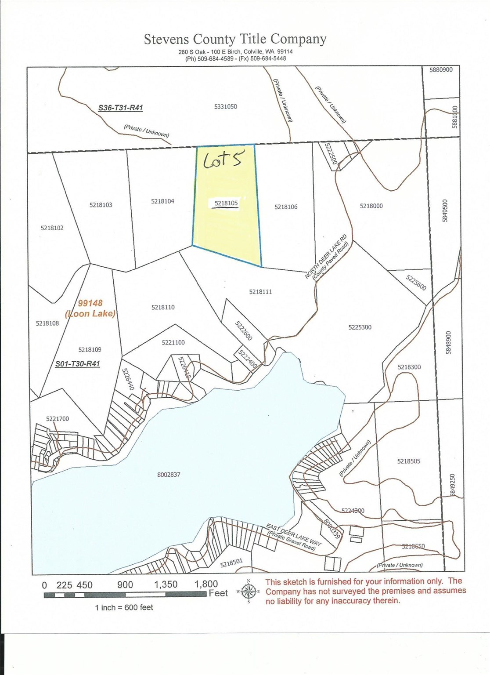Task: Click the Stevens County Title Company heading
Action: click(x=235, y=39)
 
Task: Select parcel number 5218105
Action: click(x=226, y=203)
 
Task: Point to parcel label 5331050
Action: click(x=226, y=106)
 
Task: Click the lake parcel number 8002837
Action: click(x=169, y=475)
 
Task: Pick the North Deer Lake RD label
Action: click(x=327, y=257)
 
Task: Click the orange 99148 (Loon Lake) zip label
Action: click(x=90, y=308)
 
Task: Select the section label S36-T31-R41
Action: click(x=120, y=108)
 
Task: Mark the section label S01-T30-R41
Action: click(x=78, y=364)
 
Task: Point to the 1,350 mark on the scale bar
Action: click(x=166, y=585)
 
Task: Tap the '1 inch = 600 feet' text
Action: click(x=124, y=607)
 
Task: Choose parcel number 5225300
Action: click(x=360, y=327)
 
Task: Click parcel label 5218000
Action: click(x=371, y=206)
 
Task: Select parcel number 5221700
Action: click(x=58, y=419)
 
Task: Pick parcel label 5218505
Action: click(x=409, y=461)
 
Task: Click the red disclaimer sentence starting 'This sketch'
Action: click(x=365, y=591)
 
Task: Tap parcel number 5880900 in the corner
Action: click(x=441, y=70)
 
